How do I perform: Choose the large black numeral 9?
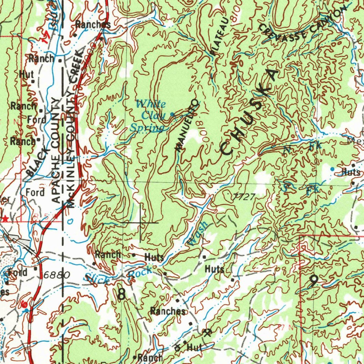(313, 282)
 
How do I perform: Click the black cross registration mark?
(140, 223)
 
